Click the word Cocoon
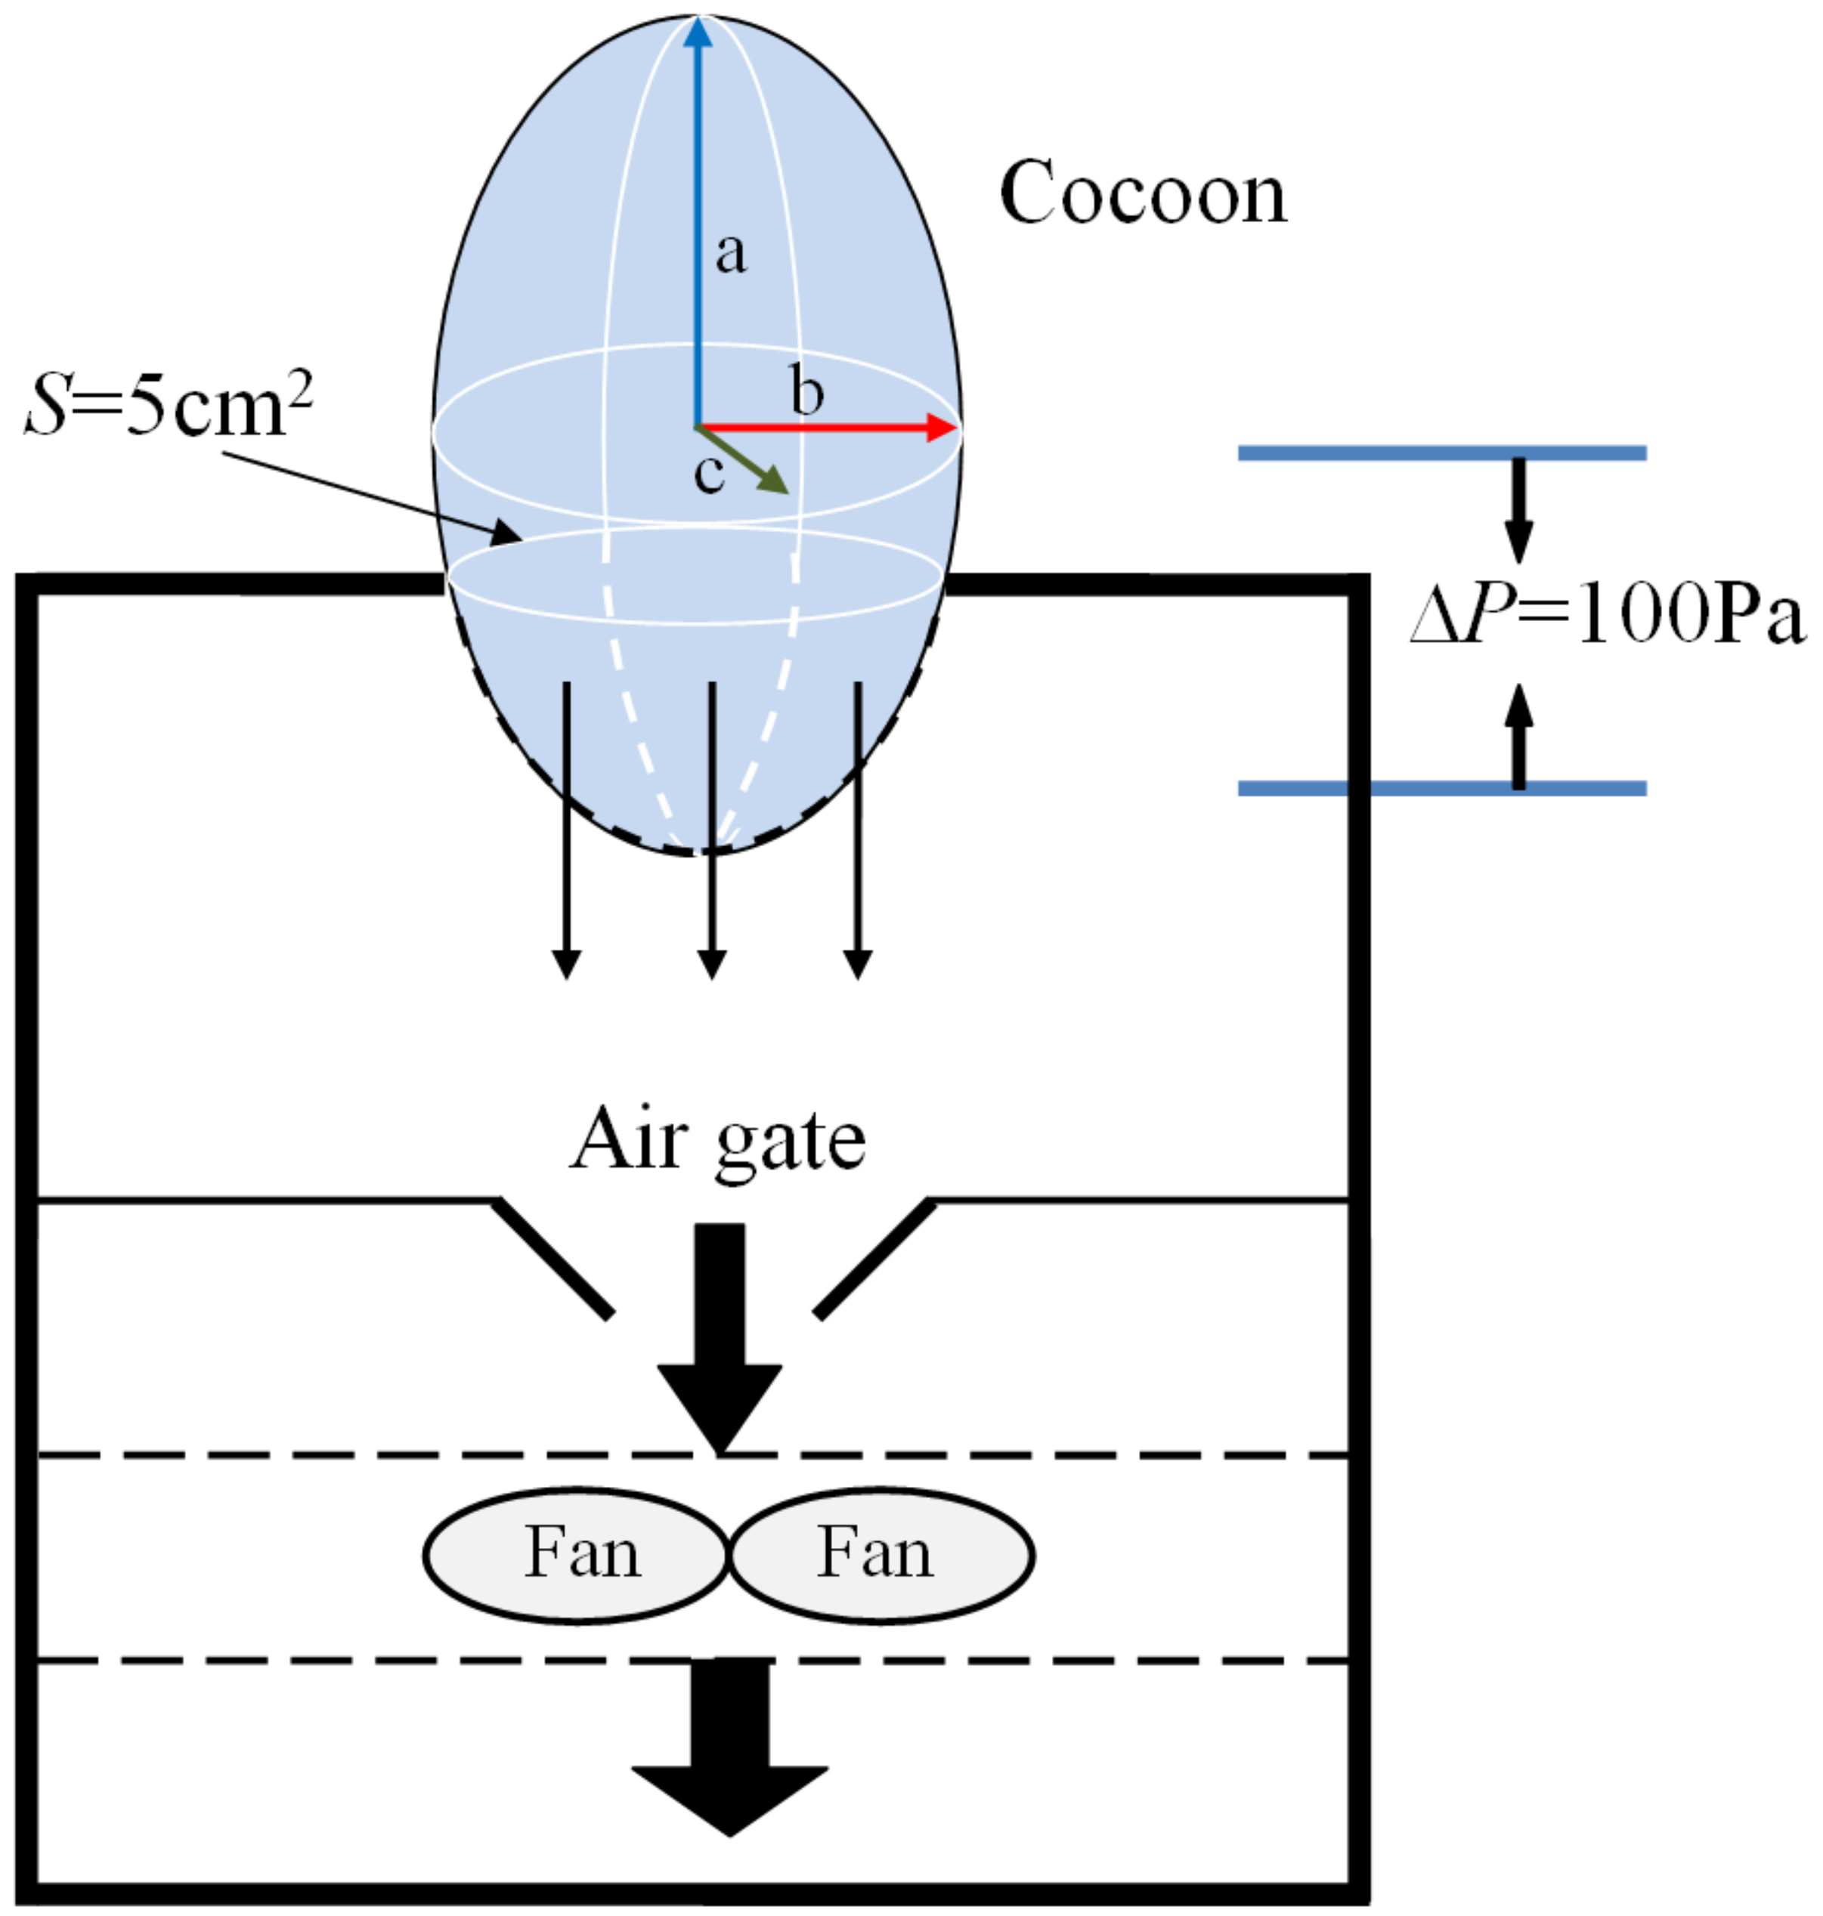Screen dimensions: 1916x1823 pyautogui.click(x=1143, y=193)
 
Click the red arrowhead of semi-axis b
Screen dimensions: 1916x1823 pyautogui.click(x=941, y=428)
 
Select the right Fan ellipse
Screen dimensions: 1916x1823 pyautogui.click(x=881, y=1556)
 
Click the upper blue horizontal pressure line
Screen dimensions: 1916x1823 pyautogui.click(x=1441, y=453)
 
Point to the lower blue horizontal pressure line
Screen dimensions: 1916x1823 pyautogui.click(x=1441, y=788)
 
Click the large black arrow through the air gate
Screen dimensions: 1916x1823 pyautogui.click(x=720, y=1331)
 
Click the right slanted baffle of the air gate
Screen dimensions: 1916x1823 pyautogui.click(x=874, y=1259)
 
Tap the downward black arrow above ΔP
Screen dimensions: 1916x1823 pyautogui.click(x=1519, y=510)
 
